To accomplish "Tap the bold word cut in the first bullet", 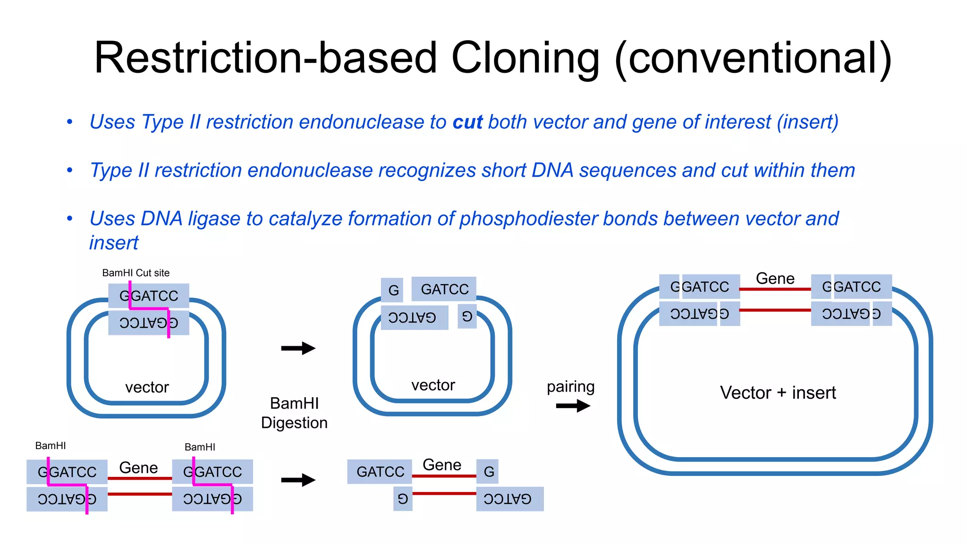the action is pos(467,122).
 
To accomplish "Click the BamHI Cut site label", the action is pos(136,273).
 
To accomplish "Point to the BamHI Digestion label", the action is pos(294,413).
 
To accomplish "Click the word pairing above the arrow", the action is pos(570,387).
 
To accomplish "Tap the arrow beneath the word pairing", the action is pos(573,406).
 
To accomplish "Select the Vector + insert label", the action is pos(777,393).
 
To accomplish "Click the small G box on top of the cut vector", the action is pos(393,289).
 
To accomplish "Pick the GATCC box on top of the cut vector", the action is pos(444,289).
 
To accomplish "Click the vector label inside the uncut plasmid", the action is pos(147,387).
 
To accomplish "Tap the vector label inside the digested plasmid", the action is pos(433,385).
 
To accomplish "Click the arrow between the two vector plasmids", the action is pos(298,348).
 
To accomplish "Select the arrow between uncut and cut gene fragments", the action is pos(298,480).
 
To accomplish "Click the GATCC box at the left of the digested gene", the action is pos(380,472).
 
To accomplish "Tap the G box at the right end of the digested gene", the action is pos(488,472).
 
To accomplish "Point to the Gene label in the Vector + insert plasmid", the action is pos(775,278).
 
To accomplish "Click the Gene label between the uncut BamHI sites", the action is pos(138,467).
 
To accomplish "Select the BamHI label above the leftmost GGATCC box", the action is pos(51,446).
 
